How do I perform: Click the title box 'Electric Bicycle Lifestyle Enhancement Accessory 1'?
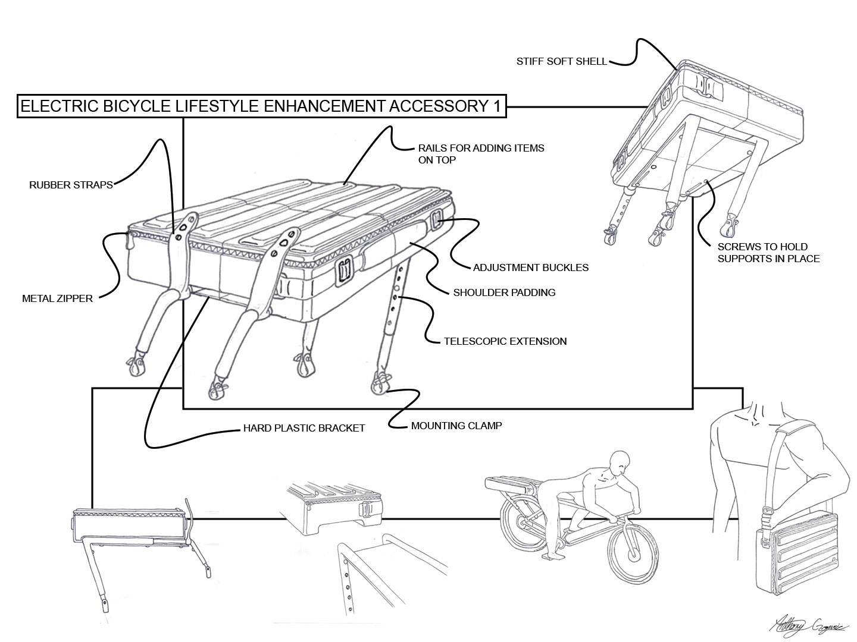(x=261, y=106)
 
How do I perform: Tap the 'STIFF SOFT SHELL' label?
(x=561, y=61)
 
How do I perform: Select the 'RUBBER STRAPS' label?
(x=71, y=185)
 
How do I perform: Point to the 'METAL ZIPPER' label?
(x=57, y=298)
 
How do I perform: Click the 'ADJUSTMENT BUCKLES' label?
(x=531, y=267)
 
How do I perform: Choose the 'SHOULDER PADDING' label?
(x=504, y=292)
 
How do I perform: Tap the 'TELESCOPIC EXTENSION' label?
(x=505, y=341)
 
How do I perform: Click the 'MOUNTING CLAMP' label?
(x=456, y=426)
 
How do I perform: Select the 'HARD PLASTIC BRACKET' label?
(x=304, y=428)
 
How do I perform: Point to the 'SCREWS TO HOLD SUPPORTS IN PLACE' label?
(x=768, y=253)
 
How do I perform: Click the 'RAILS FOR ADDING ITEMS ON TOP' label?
(x=481, y=153)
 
